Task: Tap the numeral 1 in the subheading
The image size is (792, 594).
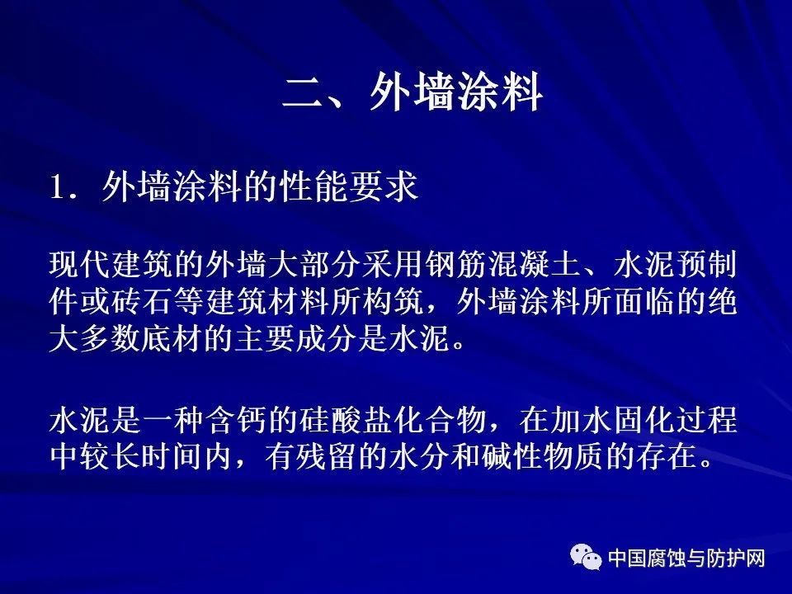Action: click(x=57, y=187)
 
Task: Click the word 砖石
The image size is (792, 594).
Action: click(x=143, y=301)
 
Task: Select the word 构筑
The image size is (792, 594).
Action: click(x=393, y=301)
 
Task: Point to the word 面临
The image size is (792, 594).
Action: click(x=643, y=301)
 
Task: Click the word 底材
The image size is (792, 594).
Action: click(x=174, y=338)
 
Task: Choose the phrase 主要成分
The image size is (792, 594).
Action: click(x=299, y=338)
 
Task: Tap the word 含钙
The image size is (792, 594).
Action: click(x=237, y=420)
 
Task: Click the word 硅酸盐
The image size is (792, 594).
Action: click(x=346, y=420)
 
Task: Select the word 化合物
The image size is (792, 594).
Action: click(x=440, y=420)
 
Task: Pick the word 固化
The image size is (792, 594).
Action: click(x=643, y=420)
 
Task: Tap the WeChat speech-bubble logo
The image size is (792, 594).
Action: click(x=586, y=557)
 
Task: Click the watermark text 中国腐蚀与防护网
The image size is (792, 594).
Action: click(x=686, y=558)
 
